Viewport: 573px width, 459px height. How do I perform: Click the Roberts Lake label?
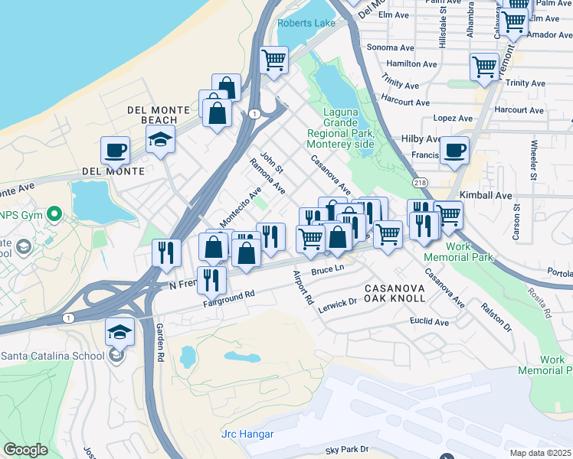tap(306, 24)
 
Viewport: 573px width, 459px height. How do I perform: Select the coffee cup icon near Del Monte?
tap(116, 150)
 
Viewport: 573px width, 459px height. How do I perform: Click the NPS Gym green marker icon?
tap(54, 213)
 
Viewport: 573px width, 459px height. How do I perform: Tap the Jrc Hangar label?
tap(247, 435)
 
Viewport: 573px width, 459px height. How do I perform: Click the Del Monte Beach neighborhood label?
tap(159, 115)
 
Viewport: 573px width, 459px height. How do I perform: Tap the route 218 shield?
tap(419, 183)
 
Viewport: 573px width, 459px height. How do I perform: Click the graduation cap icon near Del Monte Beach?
tap(161, 139)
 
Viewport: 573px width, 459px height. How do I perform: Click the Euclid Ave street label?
tap(429, 322)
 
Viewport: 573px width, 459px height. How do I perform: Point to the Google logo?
tap(26, 450)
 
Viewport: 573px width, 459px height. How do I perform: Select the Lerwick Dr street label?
tap(337, 302)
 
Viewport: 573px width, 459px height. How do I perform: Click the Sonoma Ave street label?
tap(390, 47)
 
